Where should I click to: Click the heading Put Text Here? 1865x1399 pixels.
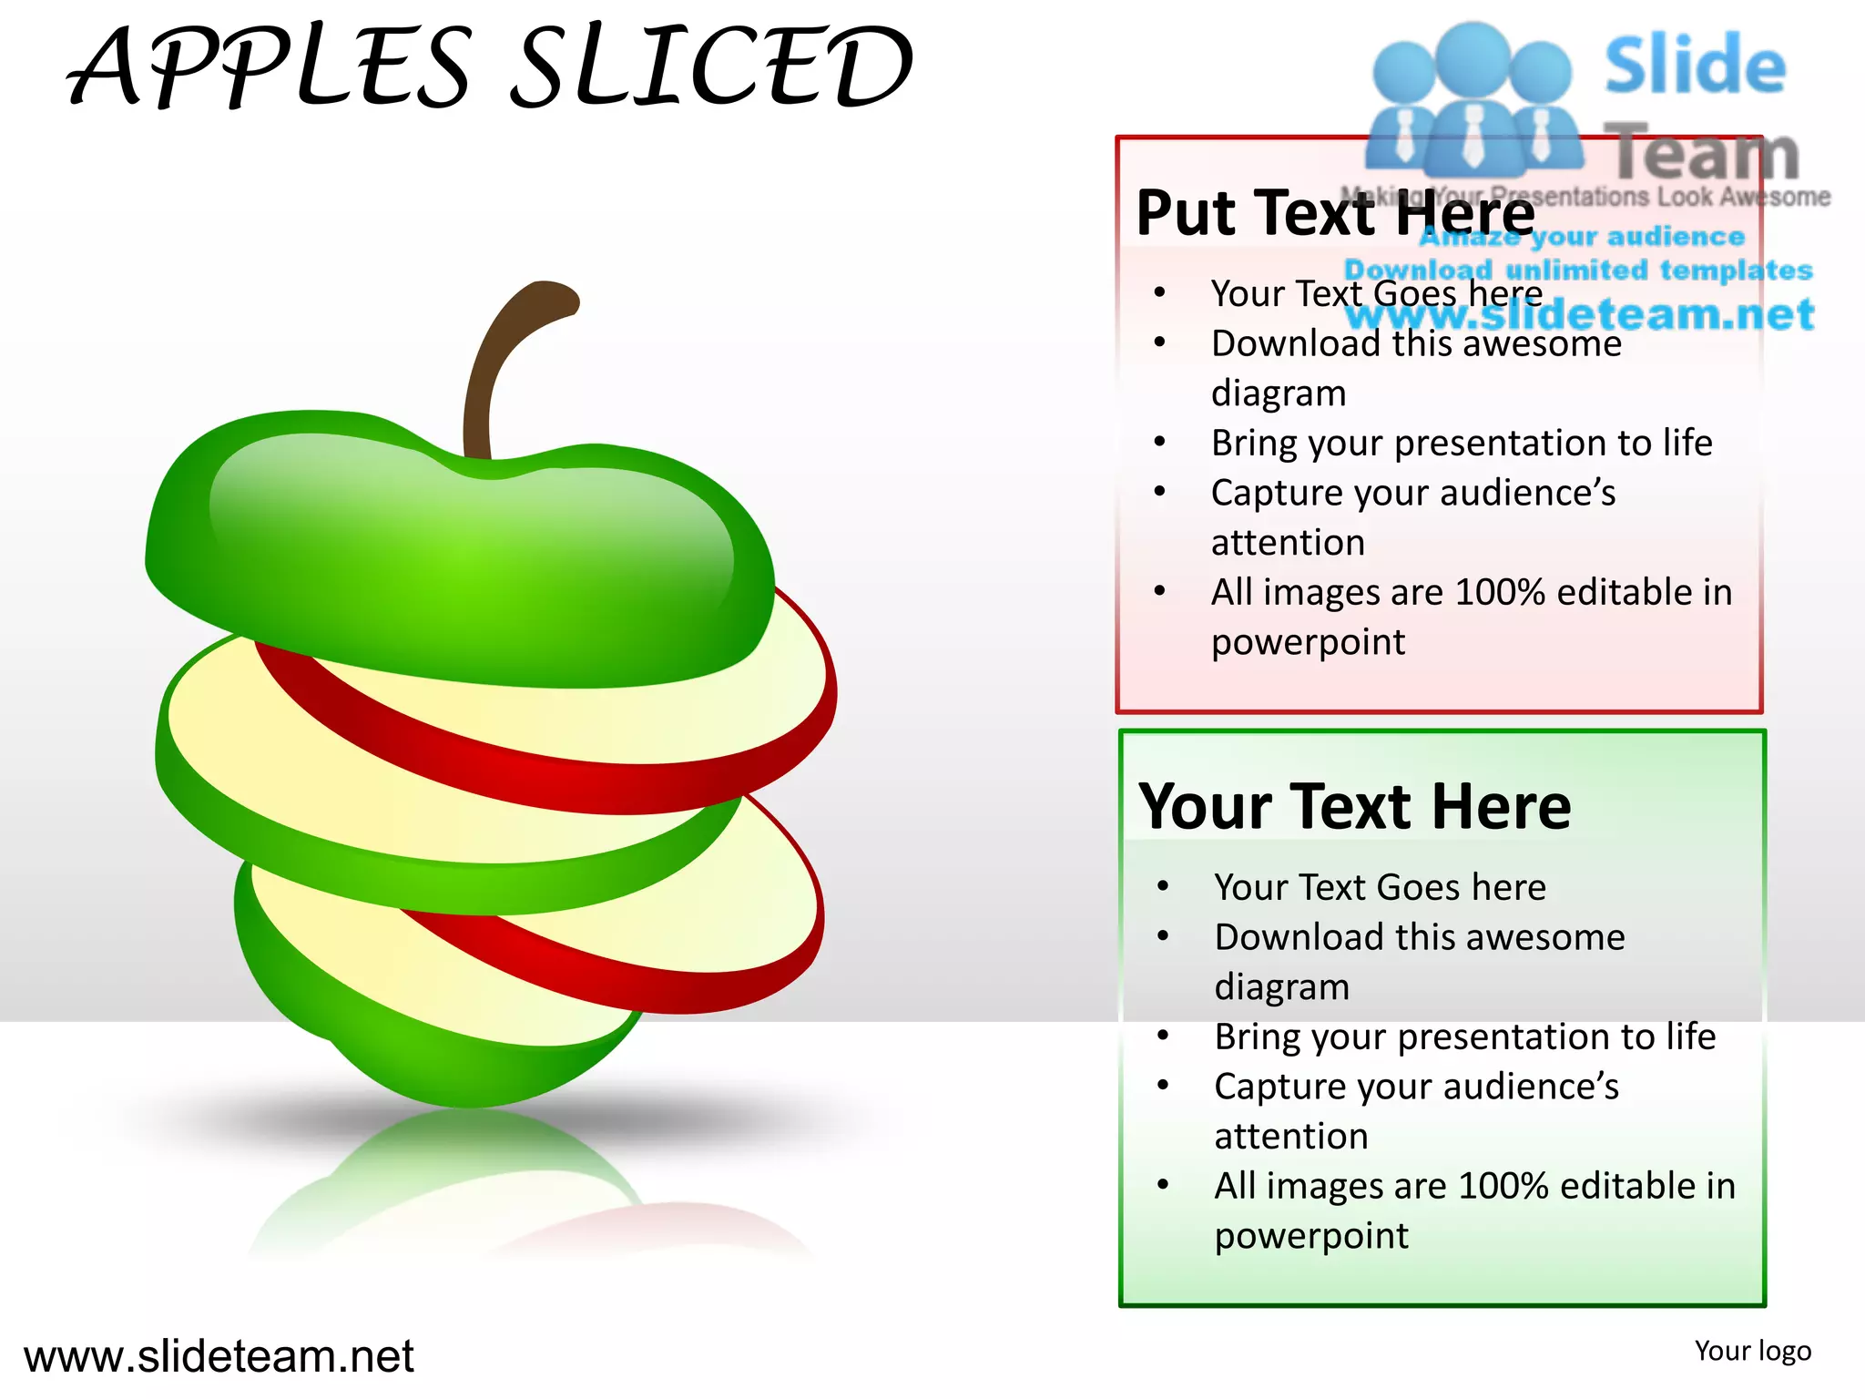pyautogui.click(x=1335, y=213)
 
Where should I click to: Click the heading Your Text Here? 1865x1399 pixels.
pyautogui.click(x=1354, y=807)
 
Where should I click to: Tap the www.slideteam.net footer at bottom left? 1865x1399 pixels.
pyautogui.click(x=219, y=1356)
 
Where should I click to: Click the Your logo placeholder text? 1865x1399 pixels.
pyautogui.click(x=1752, y=1351)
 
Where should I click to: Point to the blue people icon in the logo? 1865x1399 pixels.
pyautogui.click(x=1473, y=100)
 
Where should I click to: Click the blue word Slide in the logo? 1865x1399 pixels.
pyautogui.click(x=1695, y=66)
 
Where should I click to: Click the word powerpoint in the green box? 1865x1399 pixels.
pyautogui.click(x=1311, y=1237)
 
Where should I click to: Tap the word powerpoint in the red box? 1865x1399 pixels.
pyautogui.click(x=1308, y=643)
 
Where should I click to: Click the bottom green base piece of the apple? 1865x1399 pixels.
pyautogui.click(x=437, y=1047)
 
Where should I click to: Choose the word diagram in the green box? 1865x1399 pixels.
pyautogui.click(x=1281, y=987)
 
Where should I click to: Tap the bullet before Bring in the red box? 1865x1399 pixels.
pyautogui.click(x=1159, y=443)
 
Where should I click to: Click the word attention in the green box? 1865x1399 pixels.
pyautogui.click(x=1290, y=1137)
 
